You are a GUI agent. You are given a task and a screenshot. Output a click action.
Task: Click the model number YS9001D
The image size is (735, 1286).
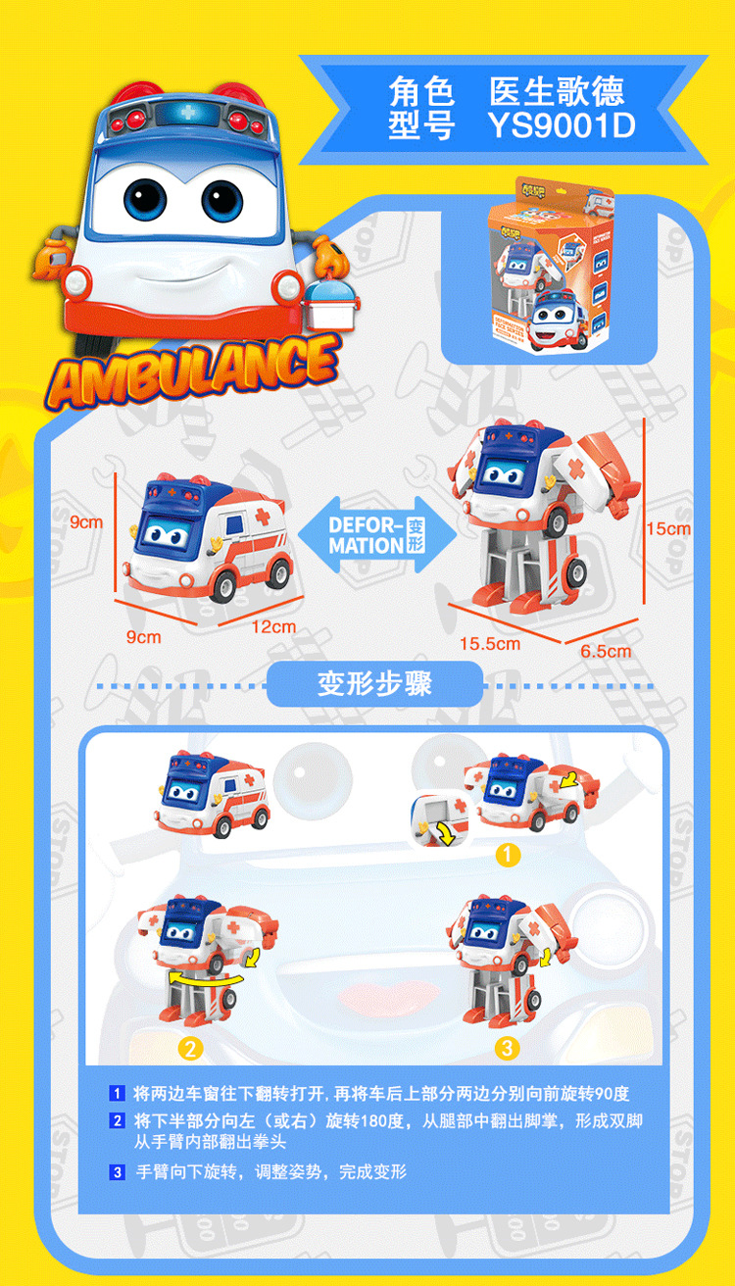[x=562, y=126]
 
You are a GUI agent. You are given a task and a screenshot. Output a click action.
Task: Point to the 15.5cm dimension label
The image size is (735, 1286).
[x=490, y=644]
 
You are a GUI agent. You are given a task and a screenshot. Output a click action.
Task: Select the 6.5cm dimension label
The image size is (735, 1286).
[x=606, y=650]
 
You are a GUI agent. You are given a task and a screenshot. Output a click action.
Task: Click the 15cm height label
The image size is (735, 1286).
[x=668, y=528]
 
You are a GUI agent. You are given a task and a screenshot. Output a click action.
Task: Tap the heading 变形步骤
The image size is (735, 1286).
[x=374, y=683]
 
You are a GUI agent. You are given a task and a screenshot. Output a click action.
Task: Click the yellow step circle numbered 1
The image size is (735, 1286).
[x=506, y=855]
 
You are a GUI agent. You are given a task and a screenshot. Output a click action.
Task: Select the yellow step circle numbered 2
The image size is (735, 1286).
[x=191, y=1048]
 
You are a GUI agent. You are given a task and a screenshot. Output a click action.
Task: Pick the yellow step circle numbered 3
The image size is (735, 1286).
[x=506, y=1048]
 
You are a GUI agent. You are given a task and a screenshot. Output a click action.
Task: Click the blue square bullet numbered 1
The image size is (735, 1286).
[x=117, y=1093]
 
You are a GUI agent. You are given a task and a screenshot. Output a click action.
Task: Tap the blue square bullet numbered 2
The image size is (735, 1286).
[x=117, y=1120]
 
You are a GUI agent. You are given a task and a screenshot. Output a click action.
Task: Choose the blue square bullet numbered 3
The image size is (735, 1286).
[x=117, y=1171]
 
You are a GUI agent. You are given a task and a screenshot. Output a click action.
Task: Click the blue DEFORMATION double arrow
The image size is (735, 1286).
[x=377, y=534]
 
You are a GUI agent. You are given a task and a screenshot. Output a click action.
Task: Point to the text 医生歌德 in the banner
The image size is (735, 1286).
[x=557, y=92]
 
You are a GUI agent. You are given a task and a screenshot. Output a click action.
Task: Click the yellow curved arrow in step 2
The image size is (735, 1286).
[x=206, y=980]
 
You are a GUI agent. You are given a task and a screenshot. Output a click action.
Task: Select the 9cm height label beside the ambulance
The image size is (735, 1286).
[x=86, y=522]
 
